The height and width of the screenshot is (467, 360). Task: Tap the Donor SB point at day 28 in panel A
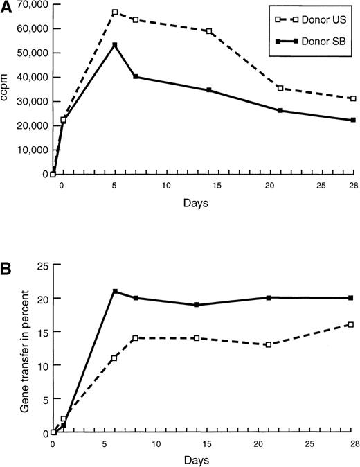[353, 120]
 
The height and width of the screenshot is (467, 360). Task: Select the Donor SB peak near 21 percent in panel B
[115, 291]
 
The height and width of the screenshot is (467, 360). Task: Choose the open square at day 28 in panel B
[352, 324]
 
